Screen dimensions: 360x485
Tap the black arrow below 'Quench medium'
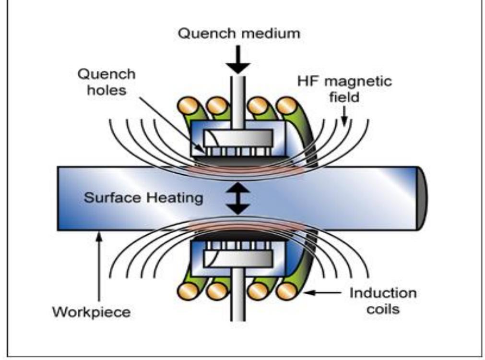click(238, 61)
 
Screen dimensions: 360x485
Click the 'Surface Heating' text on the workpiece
click(143, 198)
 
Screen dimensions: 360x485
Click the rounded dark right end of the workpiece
click(422, 198)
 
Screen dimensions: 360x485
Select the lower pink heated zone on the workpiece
click(238, 226)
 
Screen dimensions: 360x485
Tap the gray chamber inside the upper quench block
click(238, 138)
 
